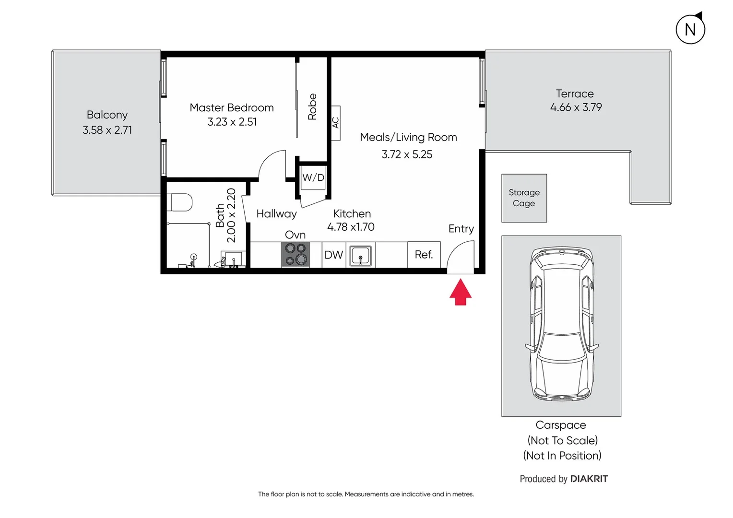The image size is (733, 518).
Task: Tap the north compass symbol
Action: tap(690, 29)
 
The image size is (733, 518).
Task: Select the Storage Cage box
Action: tap(524, 198)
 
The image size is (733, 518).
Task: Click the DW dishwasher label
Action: tap(334, 255)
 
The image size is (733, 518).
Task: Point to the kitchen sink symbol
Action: tap(360, 255)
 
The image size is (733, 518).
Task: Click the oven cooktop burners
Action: tap(296, 254)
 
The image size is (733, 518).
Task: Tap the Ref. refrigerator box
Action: tap(424, 255)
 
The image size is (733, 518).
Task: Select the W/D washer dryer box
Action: tap(313, 177)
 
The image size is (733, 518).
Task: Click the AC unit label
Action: tap(336, 123)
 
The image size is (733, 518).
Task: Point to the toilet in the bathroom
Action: tap(181, 202)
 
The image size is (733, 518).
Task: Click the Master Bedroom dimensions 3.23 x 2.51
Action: tap(232, 122)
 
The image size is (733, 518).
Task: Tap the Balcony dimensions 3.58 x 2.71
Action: tap(107, 130)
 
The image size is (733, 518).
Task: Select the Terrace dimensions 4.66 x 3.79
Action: tap(576, 107)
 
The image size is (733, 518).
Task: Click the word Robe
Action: tap(312, 106)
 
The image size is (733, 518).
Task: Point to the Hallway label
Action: tap(276, 213)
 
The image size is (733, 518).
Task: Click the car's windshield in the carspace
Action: tap(562, 345)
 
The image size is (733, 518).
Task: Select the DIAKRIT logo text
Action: tap(589, 479)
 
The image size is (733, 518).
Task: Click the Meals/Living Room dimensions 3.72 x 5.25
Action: tap(407, 154)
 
